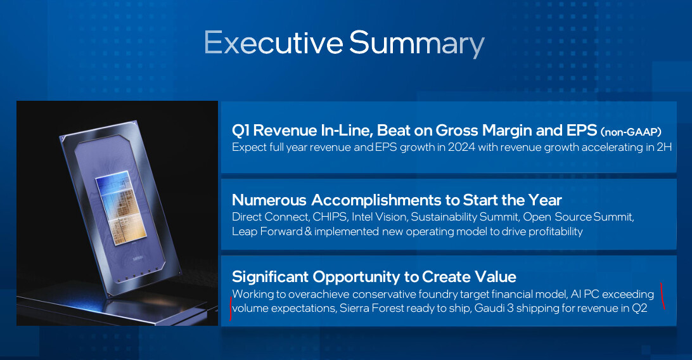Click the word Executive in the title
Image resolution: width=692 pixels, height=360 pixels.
(274, 43)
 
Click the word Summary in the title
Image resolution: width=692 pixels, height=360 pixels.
(417, 45)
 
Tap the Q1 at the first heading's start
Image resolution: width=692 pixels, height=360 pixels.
(241, 131)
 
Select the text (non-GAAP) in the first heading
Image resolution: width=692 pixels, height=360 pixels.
(631, 131)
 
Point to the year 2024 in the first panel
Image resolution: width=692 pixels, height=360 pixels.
(461, 147)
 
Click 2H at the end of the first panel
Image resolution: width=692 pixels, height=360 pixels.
(664, 147)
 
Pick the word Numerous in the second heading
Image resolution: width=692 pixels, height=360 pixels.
(269, 200)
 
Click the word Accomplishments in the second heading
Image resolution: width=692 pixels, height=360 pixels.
(377, 201)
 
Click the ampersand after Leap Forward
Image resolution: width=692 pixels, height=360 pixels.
(307, 231)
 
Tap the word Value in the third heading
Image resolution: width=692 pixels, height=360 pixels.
(496, 277)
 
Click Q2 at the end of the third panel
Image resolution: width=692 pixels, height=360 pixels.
(639, 308)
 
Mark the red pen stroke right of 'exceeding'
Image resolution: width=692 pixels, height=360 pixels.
(662, 296)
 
